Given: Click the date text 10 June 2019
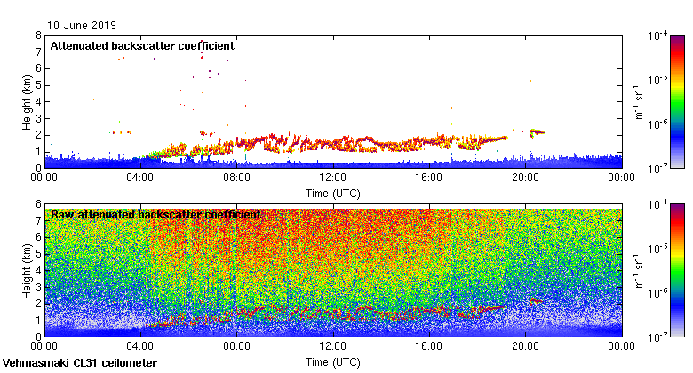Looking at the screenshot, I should coord(82,27).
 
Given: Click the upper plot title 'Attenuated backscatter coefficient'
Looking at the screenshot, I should coord(141,45).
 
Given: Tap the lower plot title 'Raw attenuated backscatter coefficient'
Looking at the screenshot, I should coord(155,215).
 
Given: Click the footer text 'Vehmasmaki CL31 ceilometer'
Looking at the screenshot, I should coord(80,363).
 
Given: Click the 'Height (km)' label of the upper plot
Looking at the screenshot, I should coord(27,101).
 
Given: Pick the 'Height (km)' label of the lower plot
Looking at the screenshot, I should coord(27,271).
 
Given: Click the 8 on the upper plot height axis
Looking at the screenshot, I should coord(37,36).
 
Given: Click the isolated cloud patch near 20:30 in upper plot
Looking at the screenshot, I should coord(537,132).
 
